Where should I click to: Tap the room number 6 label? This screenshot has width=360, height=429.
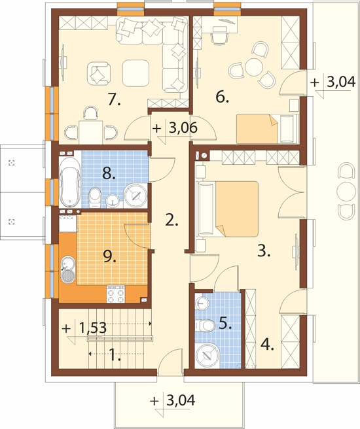pyautogui.click(x=222, y=97)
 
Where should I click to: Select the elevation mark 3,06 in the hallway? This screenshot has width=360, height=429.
pyautogui.click(x=183, y=128)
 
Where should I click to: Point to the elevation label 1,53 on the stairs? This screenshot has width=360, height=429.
pyautogui.click(x=93, y=328)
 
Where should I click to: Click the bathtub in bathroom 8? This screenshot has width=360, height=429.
pyautogui.click(x=70, y=182)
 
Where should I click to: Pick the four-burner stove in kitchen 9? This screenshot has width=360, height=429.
pyautogui.click(x=116, y=294)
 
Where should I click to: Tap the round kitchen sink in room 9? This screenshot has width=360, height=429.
pyautogui.click(x=67, y=269)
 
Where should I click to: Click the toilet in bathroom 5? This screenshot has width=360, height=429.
pyautogui.click(x=206, y=325)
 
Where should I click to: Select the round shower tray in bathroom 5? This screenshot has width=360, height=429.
pyautogui.click(x=207, y=355)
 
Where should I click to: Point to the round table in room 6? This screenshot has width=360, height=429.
pyautogui.click(x=254, y=67)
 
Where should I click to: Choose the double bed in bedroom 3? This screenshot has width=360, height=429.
pyautogui.click(x=227, y=209)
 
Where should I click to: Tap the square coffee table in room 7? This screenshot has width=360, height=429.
pyautogui.click(x=135, y=73)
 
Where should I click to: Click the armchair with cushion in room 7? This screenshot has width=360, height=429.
pyautogui.click(x=99, y=73)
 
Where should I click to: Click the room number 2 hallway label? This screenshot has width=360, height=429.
pyautogui.click(x=171, y=220)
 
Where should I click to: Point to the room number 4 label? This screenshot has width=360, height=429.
pyautogui.click(x=267, y=344)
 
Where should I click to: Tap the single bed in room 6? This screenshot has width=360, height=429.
pyautogui.click(x=267, y=129)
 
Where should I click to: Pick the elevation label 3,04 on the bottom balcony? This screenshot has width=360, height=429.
pyautogui.click(x=181, y=401)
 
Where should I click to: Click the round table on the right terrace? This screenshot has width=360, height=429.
pyautogui.click(x=346, y=191)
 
